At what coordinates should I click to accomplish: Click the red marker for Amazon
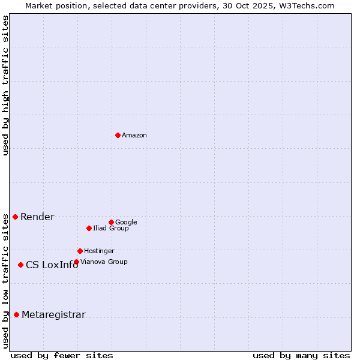pyautogui.click(x=118, y=135)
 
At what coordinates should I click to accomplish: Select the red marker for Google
pyautogui.click(x=111, y=222)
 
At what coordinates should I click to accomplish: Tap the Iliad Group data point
pyautogui.click(x=89, y=228)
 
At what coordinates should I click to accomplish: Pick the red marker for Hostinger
pyautogui.click(x=80, y=251)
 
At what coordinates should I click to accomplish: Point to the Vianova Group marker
pyautogui.click(x=76, y=262)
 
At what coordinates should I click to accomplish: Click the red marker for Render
pyautogui.click(x=15, y=217)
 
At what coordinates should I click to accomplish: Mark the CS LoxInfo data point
pyautogui.click(x=20, y=265)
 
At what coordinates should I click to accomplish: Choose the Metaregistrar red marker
pyautogui.click(x=16, y=314)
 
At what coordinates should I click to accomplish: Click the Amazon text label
pyautogui.click(x=134, y=136)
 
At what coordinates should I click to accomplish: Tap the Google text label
pyautogui.click(x=126, y=223)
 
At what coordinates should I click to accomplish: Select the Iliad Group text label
pyautogui.click(x=111, y=229)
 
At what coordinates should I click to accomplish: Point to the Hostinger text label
pyautogui.click(x=99, y=251)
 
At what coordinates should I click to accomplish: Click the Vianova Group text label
pyautogui.click(x=104, y=262)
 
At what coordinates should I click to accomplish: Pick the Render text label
pyautogui.click(x=37, y=217)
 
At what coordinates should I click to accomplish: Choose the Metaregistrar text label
pyautogui.click(x=53, y=315)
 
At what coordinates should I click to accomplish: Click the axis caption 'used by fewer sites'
pyautogui.click(x=62, y=356)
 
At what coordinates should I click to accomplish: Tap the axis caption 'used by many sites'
pyautogui.click(x=301, y=356)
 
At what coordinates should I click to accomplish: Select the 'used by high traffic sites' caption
pyautogui.click(x=6, y=85)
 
